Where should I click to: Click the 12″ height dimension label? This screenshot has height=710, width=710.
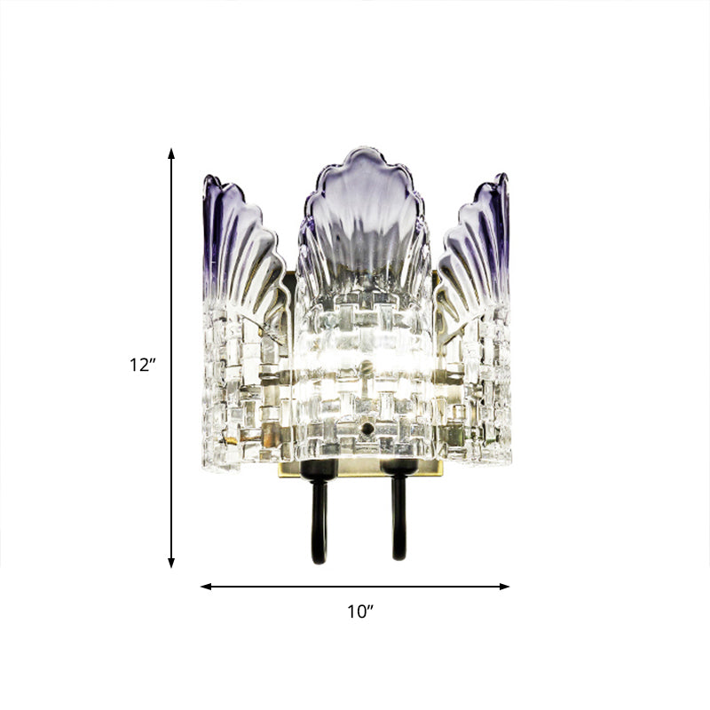point(142,364)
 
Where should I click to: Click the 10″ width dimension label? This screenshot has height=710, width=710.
point(359,611)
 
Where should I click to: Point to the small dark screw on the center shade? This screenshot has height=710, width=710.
point(367,429)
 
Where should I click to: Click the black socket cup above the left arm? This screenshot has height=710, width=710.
point(318,469)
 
